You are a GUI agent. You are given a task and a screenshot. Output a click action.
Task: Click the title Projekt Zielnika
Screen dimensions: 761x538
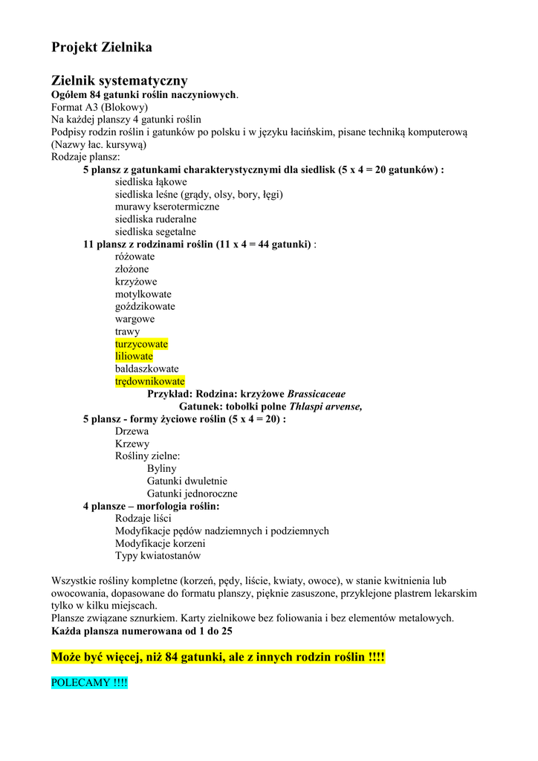point(102,48)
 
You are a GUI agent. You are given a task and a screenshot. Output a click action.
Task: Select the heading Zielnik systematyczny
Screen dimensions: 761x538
point(119,80)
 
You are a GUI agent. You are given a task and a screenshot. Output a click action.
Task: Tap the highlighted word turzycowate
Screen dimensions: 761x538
point(141,344)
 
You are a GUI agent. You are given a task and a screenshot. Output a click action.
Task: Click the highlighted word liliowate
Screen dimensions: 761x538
point(134,357)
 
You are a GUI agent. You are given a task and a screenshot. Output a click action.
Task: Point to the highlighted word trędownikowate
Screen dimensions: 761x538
point(149,381)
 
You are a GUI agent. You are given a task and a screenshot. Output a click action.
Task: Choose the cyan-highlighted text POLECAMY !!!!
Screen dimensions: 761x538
point(89,682)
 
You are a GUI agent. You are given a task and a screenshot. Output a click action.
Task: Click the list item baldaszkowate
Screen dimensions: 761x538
point(146,369)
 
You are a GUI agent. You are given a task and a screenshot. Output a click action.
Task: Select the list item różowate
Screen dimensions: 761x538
point(134,256)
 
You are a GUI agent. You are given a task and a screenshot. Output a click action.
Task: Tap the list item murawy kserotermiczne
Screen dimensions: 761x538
point(166,207)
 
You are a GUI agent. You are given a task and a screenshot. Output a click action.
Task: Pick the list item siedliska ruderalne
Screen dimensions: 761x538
point(155,219)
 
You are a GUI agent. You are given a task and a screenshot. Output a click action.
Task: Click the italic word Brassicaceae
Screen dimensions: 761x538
point(316,394)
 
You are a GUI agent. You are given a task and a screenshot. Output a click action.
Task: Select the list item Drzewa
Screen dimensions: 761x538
point(132,431)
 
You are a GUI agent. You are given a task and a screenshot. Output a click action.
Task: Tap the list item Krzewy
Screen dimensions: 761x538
point(132,444)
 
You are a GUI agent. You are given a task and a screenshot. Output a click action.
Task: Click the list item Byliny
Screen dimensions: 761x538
point(161,468)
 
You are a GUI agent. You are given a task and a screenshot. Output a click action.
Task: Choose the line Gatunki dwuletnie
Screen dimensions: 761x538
point(187,481)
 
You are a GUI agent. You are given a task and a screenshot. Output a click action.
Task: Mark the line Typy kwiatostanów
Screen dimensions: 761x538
point(158,555)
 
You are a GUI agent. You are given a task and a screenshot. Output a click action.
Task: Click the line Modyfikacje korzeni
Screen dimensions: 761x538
point(163,543)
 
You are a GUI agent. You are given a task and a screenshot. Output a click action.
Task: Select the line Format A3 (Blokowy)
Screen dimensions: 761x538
point(99,107)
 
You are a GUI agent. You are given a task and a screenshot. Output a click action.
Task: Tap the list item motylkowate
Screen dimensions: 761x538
point(143,294)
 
